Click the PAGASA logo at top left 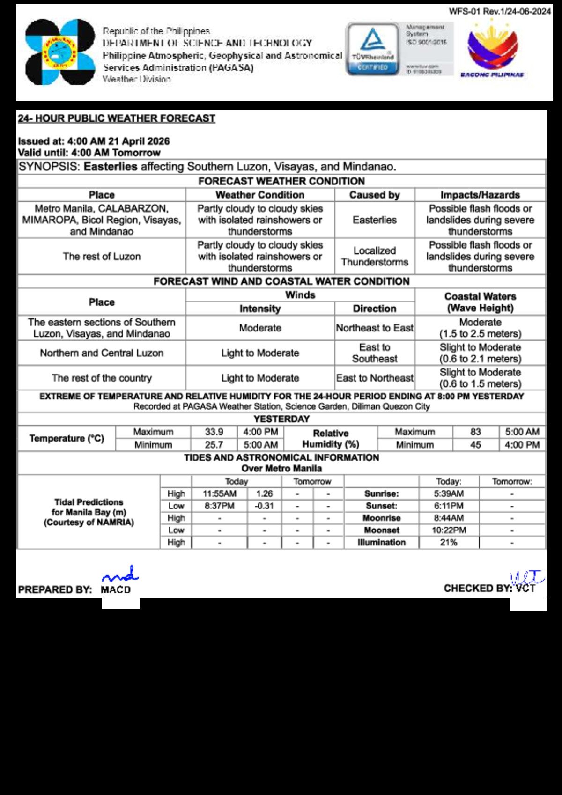[60, 52]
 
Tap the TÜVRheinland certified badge [373, 49]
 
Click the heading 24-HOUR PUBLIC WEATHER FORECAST [117, 118]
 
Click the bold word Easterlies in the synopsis [111, 167]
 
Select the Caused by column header [375, 195]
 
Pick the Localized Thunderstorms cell [375, 257]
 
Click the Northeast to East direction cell [375, 328]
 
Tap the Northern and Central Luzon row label [102, 353]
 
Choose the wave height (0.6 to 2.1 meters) [480, 359]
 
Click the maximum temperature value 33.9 [214, 432]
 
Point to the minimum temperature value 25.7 [214, 445]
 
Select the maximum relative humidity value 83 [475, 432]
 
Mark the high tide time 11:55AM [220, 493]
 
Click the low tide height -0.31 [264, 506]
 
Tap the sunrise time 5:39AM [449, 493]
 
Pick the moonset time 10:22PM [449, 530]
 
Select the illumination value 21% [449, 542]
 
